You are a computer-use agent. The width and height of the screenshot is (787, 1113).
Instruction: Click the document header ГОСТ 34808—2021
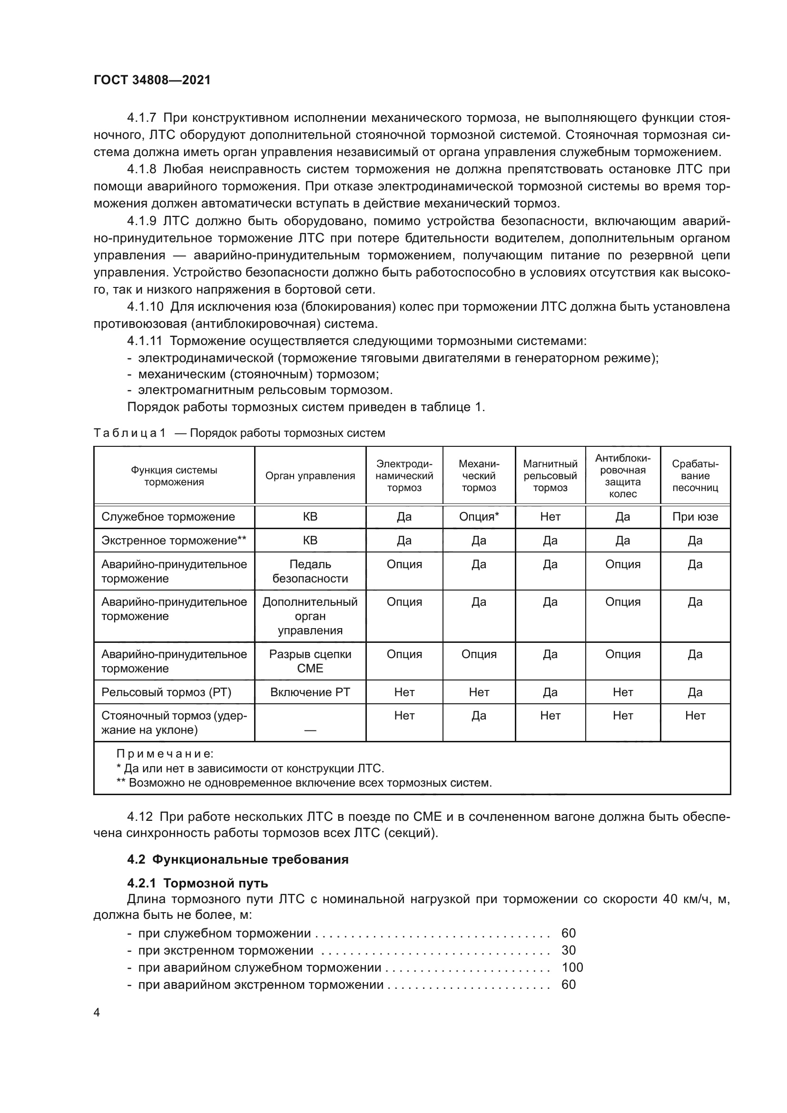tap(152, 80)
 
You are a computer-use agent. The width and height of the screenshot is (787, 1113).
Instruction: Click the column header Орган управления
tap(310, 475)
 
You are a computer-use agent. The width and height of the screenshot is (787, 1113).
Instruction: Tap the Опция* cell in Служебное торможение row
tap(479, 517)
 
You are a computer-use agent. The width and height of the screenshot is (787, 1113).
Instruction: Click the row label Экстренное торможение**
tap(174, 541)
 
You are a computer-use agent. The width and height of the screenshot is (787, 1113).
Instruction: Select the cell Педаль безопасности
tap(310, 571)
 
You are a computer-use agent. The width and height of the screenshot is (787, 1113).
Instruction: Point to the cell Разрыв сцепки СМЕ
tap(310, 661)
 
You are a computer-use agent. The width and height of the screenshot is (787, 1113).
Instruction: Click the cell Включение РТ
tap(310, 692)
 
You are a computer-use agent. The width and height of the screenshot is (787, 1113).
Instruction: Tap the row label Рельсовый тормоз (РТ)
tap(166, 692)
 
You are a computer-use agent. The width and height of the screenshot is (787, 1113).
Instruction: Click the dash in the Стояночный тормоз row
tap(310, 730)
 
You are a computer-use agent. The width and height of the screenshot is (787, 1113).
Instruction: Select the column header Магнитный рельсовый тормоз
tap(550, 475)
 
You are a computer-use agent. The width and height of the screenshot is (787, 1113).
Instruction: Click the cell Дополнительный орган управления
tap(310, 616)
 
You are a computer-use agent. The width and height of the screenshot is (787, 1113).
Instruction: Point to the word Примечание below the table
tap(165, 754)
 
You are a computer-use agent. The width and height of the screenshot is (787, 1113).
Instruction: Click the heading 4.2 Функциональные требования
tap(237, 859)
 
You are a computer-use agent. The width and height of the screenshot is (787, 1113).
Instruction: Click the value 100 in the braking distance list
tap(572, 967)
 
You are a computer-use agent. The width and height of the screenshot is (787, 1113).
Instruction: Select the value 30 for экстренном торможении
tap(569, 950)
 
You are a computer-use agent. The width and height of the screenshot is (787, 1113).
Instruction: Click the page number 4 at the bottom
tap(97, 1013)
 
